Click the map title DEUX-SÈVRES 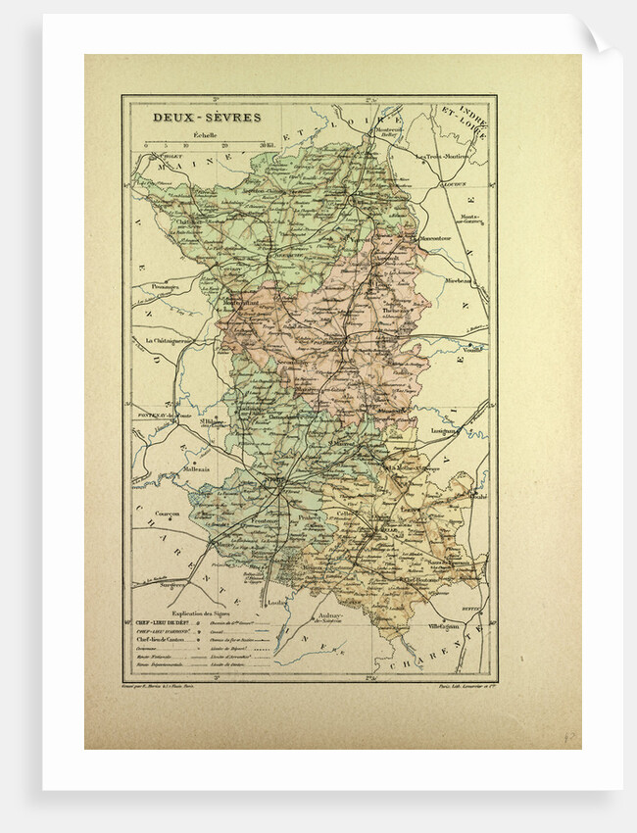click(192, 117)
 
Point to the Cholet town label click(144, 155)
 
